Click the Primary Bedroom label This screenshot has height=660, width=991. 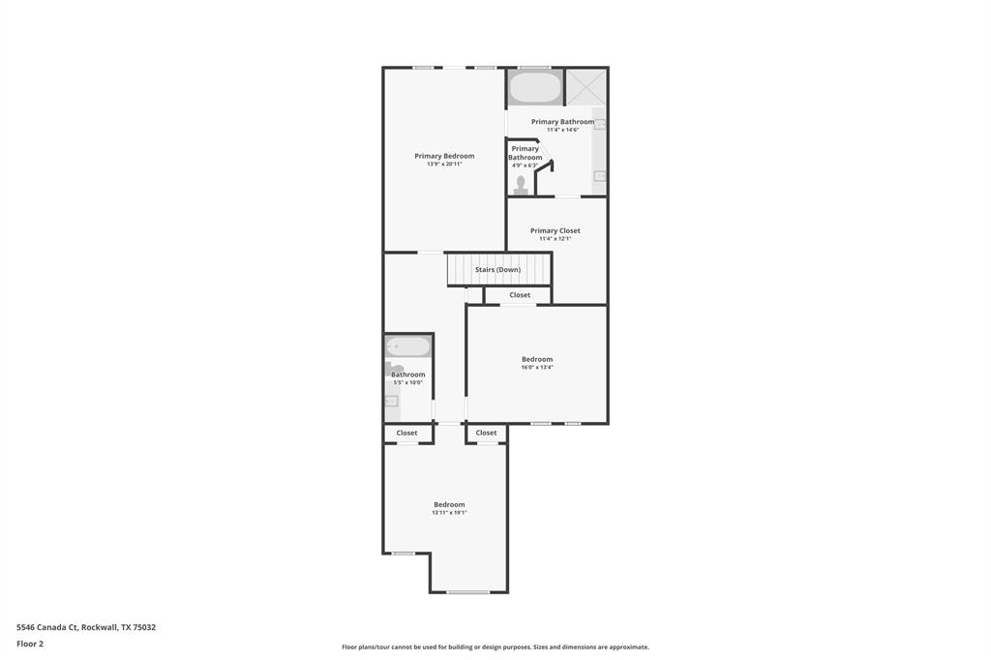[x=444, y=156]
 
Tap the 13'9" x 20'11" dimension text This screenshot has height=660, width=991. [x=444, y=165]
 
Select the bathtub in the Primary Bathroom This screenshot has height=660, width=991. [x=535, y=88]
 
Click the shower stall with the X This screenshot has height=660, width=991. [x=586, y=86]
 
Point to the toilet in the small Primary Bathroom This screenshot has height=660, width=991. [x=521, y=184]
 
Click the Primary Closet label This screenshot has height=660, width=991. [x=556, y=230]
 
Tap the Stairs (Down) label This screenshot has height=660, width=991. [x=497, y=269]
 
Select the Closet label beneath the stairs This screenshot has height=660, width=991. [x=520, y=295]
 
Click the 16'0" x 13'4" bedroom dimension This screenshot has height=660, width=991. [x=537, y=368]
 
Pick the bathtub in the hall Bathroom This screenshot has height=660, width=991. [x=408, y=346]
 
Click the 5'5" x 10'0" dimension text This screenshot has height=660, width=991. [x=407, y=382]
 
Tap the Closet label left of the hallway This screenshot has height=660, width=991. [x=406, y=433]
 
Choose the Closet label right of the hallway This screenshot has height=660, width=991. [x=486, y=433]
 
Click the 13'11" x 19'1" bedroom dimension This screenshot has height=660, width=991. [x=449, y=513]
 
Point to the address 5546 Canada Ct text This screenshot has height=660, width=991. [x=86, y=627]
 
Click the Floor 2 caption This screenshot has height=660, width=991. [x=30, y=643]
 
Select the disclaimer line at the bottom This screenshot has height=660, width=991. [x=495, y=646]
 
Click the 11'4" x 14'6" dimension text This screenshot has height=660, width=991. [x=562, y=130]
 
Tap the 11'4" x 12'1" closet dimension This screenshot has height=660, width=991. [x=556, y=239]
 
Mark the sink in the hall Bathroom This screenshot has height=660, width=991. [x=391, y=401]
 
